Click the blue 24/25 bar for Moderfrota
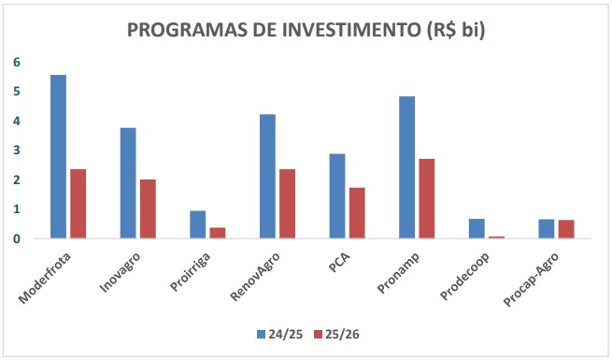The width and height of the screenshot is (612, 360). (58, 156)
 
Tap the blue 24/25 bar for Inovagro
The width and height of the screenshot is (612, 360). (128, 183)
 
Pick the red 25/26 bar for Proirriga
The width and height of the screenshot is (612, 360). (217, 233)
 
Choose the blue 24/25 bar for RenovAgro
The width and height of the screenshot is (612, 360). (267, 176)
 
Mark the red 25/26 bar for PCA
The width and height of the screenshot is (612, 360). (357, 213)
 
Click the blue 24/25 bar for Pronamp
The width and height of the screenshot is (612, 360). (406, 167)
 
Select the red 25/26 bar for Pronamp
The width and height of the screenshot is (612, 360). (426, 198)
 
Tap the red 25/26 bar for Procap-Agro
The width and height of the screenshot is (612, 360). (566, 229)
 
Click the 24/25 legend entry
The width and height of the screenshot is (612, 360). (278, 332)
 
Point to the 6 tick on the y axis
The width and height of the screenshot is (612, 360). (16, 62)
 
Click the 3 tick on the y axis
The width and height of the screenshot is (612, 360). (16, 151)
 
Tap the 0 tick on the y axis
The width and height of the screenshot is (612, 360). (16, 238)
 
